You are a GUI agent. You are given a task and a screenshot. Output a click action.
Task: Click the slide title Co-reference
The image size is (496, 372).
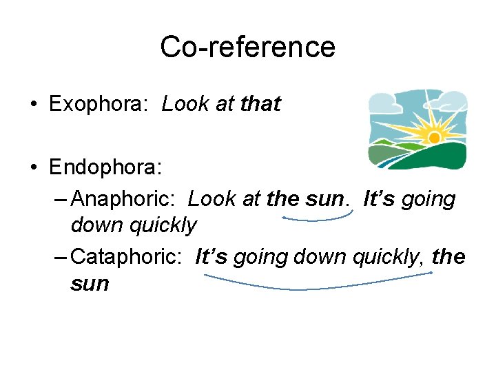point(247,47)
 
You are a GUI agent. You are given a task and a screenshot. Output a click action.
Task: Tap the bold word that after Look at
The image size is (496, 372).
point(261,105)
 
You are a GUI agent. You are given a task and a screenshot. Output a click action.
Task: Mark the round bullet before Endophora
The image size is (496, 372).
point(33,168)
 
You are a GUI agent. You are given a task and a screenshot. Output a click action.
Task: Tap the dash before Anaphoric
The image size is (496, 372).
point(60,200)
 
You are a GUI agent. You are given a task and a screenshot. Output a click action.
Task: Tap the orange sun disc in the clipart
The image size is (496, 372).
point(434,138)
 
